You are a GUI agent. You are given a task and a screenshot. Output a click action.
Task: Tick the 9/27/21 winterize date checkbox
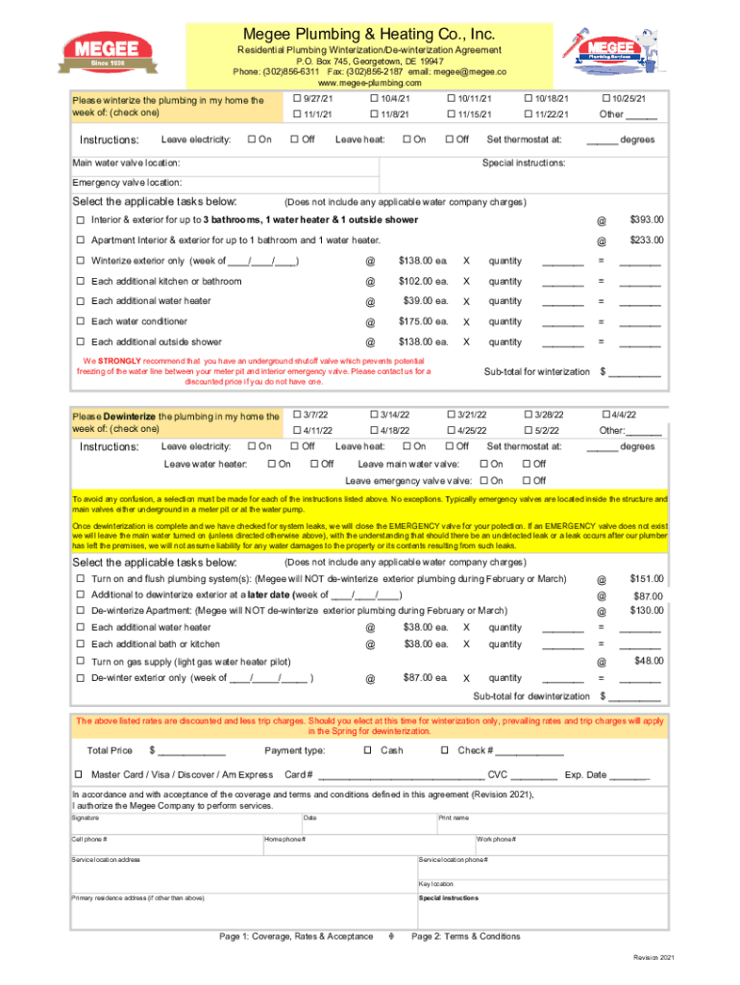pos(295,99)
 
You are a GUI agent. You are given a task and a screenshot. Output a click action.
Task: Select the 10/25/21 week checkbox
pos(604,99)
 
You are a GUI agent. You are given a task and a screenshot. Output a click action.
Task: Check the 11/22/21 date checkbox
pos(528,115)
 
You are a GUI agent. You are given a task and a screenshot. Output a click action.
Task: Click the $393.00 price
pos(646,220)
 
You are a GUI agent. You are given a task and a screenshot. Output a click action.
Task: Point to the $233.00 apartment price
pos(646,240)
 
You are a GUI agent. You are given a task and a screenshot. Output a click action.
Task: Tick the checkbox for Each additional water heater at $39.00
pos(81,301)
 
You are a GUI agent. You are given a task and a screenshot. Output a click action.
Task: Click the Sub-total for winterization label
pos(536,371)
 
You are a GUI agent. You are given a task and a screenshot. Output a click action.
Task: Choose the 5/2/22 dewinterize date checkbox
pos(528,430)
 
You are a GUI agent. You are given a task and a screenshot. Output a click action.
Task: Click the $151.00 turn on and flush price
pos(646,579)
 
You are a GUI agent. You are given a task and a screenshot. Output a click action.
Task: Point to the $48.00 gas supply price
pos(648,660)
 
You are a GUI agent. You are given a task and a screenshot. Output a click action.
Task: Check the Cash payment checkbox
pos(367,750)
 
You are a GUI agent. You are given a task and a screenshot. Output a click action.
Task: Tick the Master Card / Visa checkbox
pos(80,774)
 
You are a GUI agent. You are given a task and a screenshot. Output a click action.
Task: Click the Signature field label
pos(86,818)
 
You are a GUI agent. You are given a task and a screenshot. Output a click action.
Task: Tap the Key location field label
pos(435,883)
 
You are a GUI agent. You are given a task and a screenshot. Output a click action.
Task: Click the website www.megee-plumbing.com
pos(370,84)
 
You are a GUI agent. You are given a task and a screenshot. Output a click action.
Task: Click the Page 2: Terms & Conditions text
pos(465,936)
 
